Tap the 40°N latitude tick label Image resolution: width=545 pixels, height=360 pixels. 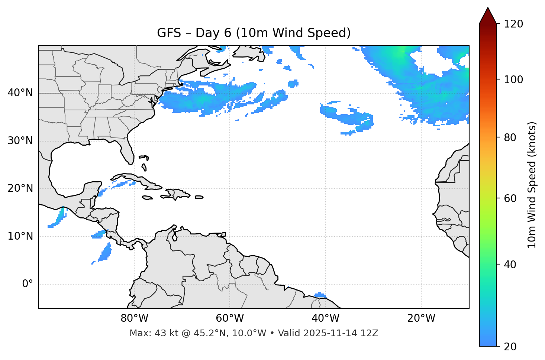click(x=20, y=93)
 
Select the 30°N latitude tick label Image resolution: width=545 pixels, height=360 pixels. click(x=20, y=141)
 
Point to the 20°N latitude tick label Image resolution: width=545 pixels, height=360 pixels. click(x=20, y=188)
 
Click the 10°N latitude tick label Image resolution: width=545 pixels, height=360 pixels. click(x=20, y=236)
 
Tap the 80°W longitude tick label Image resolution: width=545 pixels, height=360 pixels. click(x=134, y=318)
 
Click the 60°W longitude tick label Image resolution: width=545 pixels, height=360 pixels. click(x=230, y=318)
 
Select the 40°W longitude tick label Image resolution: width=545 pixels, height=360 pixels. click(x=325, y=318)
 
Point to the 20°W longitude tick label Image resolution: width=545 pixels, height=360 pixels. click(x=421, y=318)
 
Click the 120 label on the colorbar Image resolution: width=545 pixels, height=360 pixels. click(x=513, y=24)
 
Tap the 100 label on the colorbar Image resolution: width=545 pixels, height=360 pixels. click(x=513, y=80)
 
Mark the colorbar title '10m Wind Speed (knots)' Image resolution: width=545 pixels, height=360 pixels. click(x=532, y=185)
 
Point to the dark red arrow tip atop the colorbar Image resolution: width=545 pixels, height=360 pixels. click(x=488, y=14)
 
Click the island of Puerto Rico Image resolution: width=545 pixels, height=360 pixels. click(x=199, y=197)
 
